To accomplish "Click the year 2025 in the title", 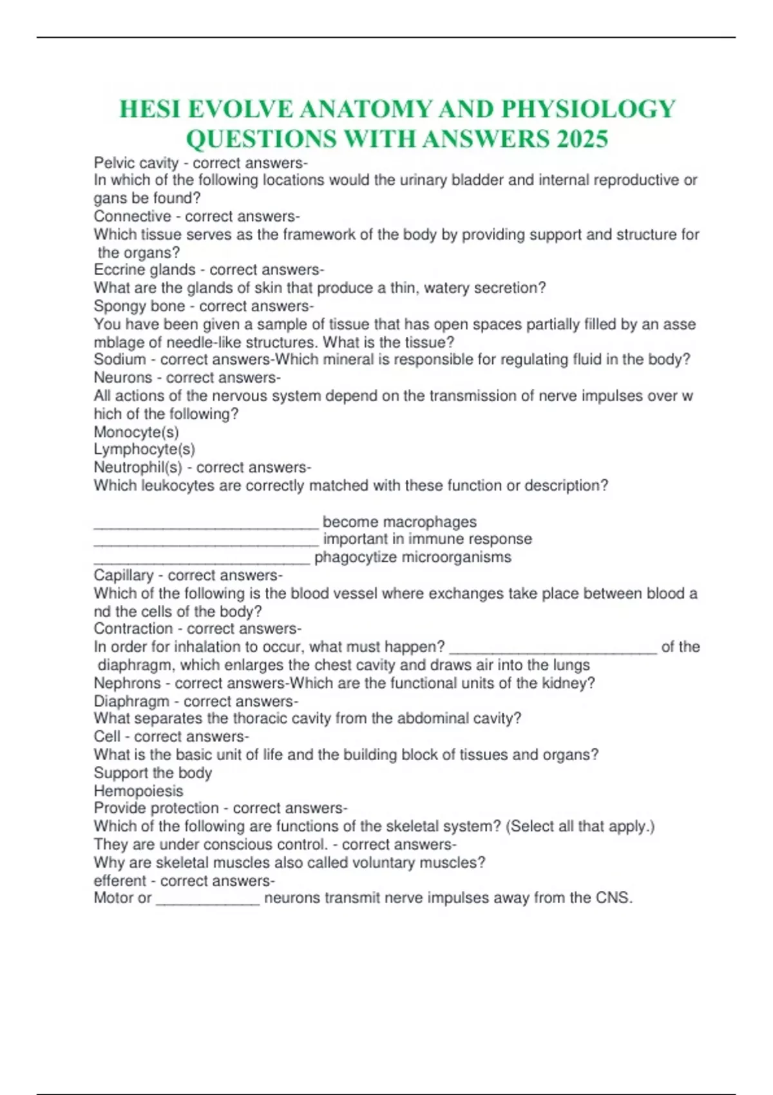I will (577, 138).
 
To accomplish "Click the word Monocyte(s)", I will (137, 432).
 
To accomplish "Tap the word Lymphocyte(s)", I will (144, 449).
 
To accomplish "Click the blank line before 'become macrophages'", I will (206, 525).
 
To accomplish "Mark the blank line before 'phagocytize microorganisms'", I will (202, 560).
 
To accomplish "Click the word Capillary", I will (124, 575).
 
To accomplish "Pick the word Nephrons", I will (127, 683).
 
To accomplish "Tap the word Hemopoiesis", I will (138, 790).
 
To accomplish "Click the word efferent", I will (120, 881).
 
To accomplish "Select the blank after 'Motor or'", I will (208, 902).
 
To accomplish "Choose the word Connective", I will (133, 216).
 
